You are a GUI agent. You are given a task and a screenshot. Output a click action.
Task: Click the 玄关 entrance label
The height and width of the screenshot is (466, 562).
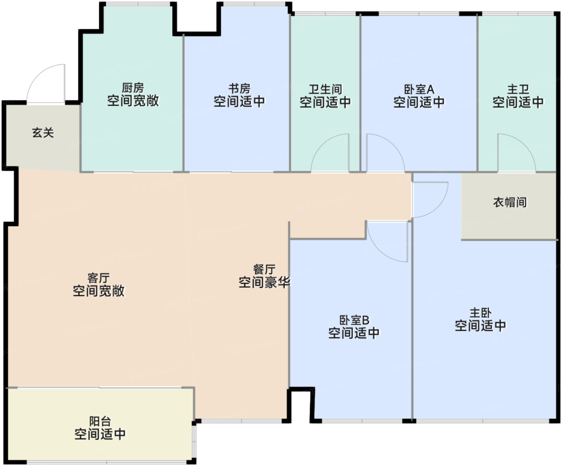coord(43,133)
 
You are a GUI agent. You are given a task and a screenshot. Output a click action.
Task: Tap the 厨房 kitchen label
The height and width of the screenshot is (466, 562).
coord(133,88)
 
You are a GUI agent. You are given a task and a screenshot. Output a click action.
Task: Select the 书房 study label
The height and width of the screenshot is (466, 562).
coord(240,89)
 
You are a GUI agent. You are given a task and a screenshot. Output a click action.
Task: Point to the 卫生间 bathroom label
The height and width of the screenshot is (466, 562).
coord(325,89)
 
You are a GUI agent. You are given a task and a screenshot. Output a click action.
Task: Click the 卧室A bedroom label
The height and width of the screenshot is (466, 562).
coord(419,89)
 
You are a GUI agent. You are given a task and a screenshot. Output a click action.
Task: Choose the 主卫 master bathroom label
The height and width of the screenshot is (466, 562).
coord(518,89)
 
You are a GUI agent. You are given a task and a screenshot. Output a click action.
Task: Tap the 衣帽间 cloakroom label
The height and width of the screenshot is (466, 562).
coord(510,202)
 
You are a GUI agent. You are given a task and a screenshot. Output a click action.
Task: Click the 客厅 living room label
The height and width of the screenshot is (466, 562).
coord(98,278)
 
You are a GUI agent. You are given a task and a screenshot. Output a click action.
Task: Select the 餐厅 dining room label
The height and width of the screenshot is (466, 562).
coord(264,269)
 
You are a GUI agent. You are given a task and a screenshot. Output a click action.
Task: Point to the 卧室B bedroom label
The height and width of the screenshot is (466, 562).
coord(354,320)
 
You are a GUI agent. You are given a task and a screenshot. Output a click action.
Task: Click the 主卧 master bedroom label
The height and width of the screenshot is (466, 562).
coord(481,313)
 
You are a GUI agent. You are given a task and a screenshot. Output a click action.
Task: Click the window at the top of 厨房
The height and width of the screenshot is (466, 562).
coord(138,4)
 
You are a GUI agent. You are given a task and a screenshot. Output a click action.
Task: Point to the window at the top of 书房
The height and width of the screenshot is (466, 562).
coord(255,4)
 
